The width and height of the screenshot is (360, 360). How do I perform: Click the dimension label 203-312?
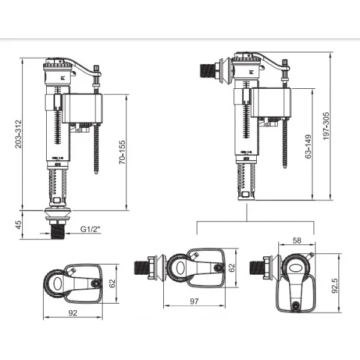(x=20, y=133)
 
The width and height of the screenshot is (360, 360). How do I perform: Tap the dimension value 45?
(x=19, y=226)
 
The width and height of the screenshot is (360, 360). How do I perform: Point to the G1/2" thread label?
(x=91, y=229)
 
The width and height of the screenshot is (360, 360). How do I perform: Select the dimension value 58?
(x=297, y=240)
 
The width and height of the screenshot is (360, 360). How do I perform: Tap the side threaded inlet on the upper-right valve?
(x=207, y=68)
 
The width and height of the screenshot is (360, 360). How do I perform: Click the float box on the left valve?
(x=83, y=109)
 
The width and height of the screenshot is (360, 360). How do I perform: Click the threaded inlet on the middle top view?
(x=143, y=267)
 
